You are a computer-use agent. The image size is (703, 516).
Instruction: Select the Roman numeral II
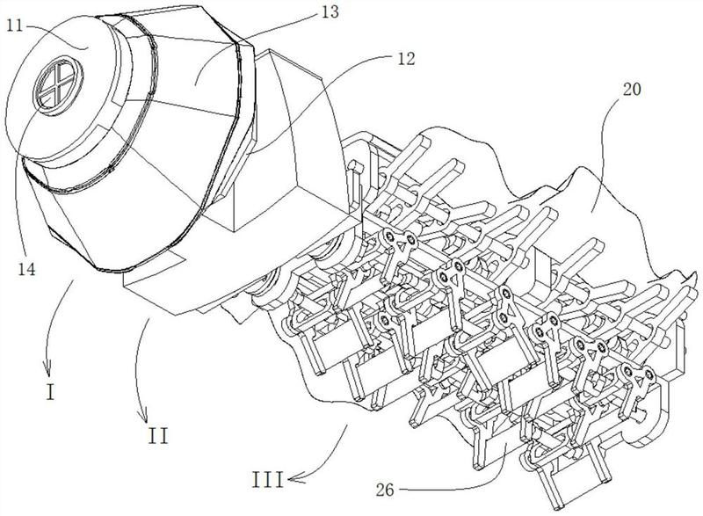[159, 434]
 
